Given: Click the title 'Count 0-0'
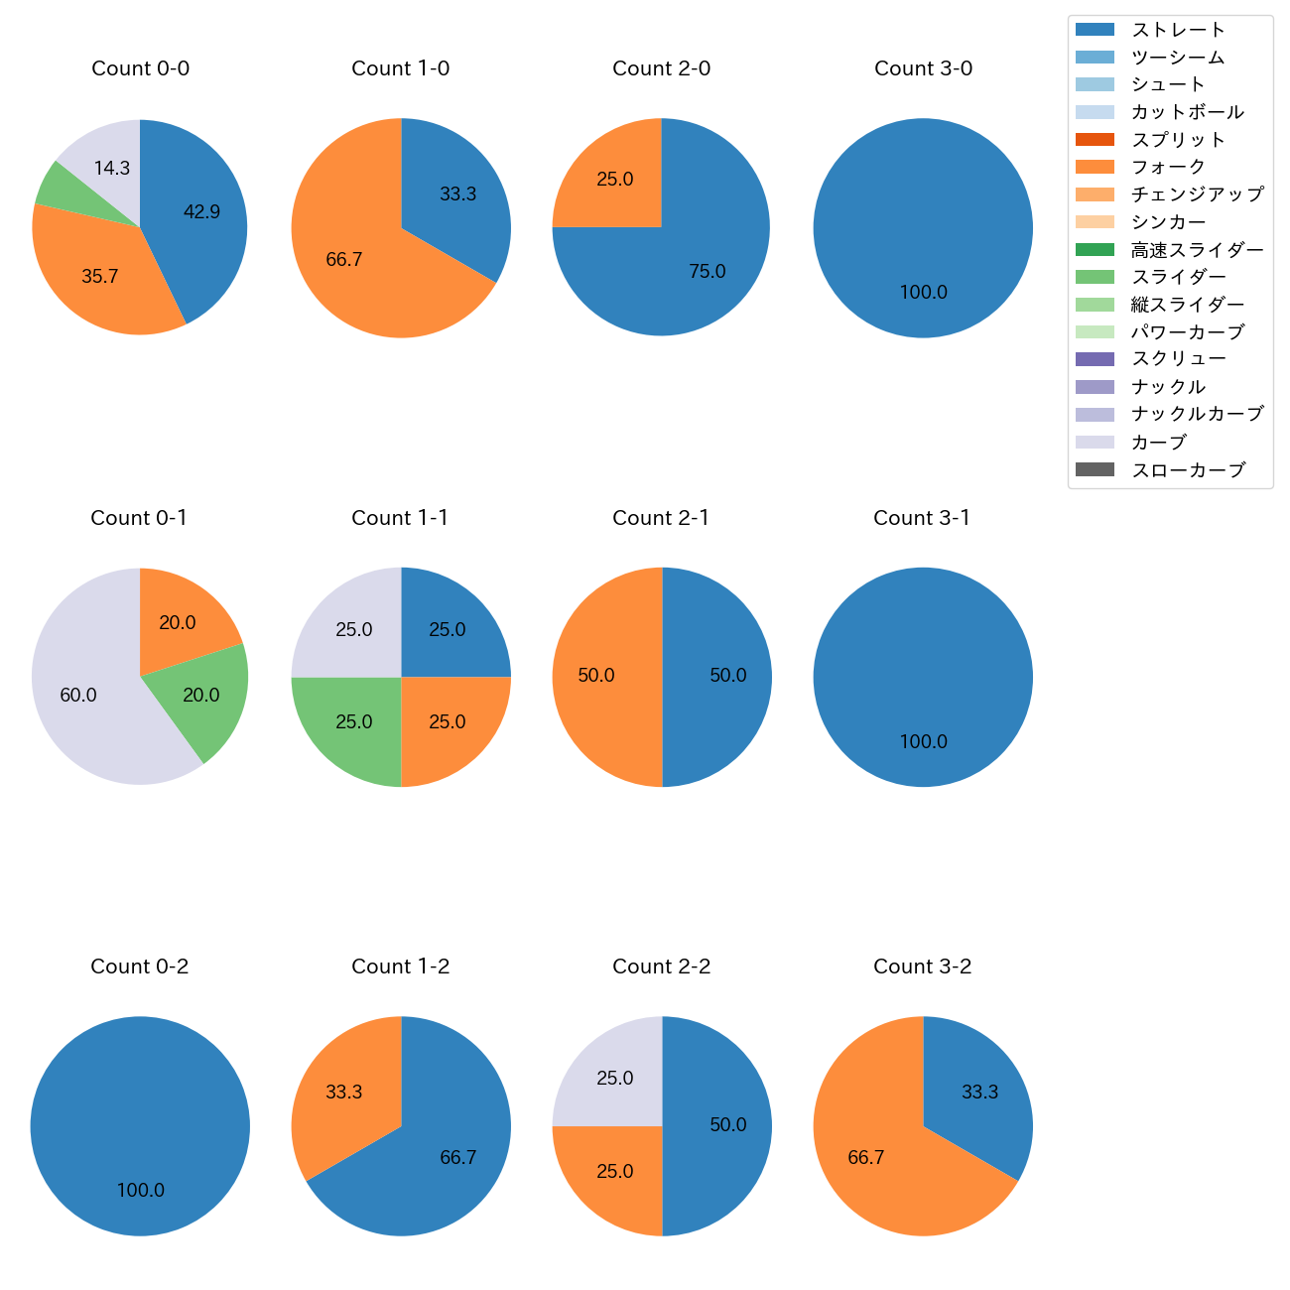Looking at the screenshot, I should [x=140, y=68].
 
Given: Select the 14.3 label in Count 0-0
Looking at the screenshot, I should [x=112, y=169].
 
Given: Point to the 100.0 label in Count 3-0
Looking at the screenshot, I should [x=923, y=293].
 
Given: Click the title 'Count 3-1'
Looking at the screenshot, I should [x=922, y=518].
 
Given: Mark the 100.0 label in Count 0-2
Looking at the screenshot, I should [x=140, y=1191].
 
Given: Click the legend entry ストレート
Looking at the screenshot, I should [x=1178, y=30].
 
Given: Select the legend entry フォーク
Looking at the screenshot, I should [x=1168, y=167].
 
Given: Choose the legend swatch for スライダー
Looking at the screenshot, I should [x=1095, y=277].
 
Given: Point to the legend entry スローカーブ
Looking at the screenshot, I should [x=1188, y=470].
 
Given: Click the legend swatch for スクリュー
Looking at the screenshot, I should [x=1095, y=359].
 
